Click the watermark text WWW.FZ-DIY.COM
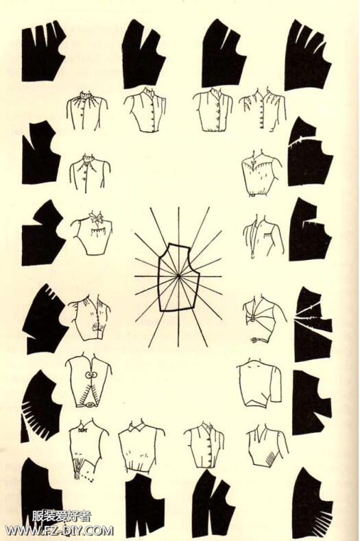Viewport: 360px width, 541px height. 59,530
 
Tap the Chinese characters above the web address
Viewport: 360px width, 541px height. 62,516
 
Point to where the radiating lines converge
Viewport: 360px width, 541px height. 178,276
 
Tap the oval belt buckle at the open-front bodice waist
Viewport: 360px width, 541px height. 91,405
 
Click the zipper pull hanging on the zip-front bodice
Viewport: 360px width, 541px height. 252,256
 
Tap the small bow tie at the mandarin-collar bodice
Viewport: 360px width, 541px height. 82,431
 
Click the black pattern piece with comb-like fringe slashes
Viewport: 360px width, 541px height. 38,409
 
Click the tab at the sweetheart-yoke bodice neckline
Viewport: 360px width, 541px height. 256,160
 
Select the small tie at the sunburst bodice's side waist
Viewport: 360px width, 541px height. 254,339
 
